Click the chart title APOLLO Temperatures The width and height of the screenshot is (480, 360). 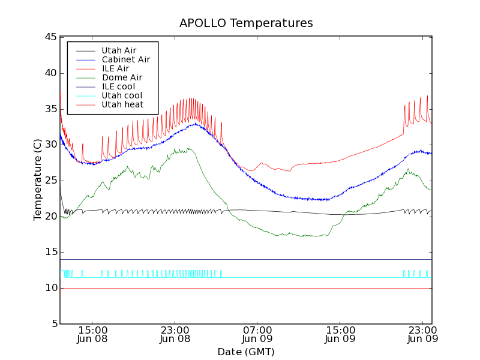point(246,23)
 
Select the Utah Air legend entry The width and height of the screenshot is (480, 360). point(118,50)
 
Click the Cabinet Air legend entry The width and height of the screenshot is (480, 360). point(125,59)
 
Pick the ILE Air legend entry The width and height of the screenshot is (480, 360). point(115,68)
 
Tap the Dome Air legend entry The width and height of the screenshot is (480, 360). point(122,77)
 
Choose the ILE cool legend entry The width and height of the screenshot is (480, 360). point(118,86)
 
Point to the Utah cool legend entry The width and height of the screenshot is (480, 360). point(122,95)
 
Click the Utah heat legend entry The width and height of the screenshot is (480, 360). point(122,104)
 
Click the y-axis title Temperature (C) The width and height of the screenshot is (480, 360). point(38,180)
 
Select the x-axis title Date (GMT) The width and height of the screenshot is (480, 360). point(246,352)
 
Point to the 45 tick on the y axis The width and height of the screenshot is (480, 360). point(50,37)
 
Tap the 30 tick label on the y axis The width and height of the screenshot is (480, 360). point(50,145)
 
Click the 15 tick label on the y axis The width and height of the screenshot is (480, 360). point(50,252)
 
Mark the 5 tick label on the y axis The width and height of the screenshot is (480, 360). point(53,324)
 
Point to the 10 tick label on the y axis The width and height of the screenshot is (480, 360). point(50,288)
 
